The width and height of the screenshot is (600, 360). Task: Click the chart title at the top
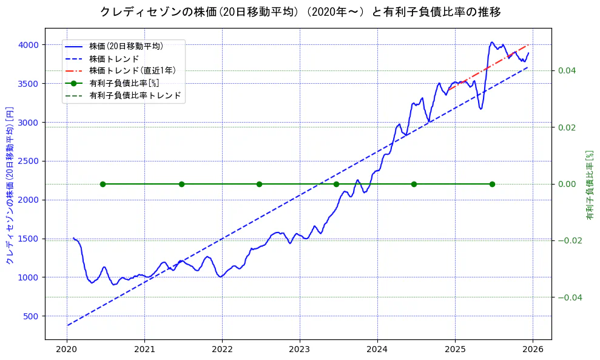[300, 12]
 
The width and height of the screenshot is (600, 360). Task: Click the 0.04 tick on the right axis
[567, 71]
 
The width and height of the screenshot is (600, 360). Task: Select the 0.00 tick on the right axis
[567, 184]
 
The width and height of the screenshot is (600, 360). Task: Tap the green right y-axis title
[590, 185]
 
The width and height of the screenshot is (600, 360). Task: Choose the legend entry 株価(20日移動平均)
[126, 46]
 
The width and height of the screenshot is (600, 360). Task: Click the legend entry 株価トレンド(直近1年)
[132, 70]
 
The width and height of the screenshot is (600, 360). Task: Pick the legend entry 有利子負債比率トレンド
[135, 95]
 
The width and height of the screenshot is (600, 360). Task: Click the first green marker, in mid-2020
[103, 184]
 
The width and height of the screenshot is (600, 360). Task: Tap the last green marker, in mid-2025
[492, 184]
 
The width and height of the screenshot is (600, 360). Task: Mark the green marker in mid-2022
[259, 184]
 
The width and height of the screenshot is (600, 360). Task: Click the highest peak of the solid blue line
[492, 42]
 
